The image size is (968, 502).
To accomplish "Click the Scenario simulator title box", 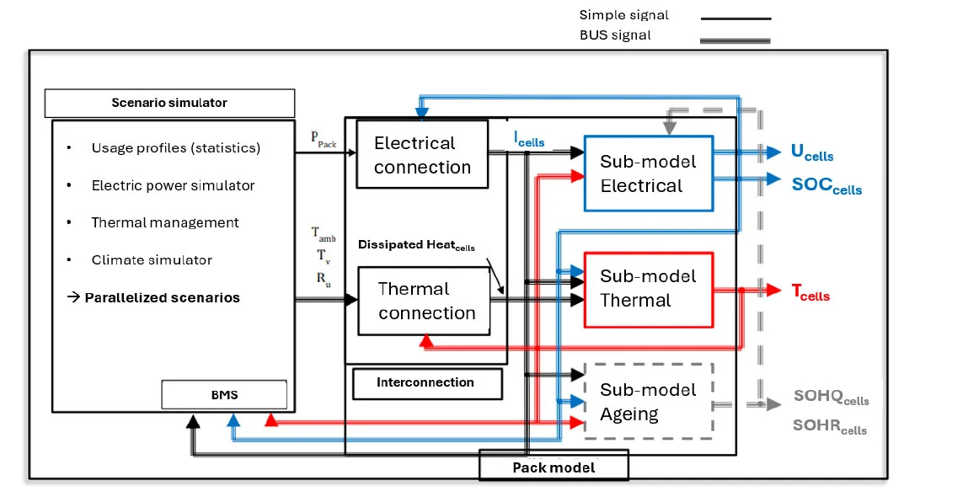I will [x=169, y=103].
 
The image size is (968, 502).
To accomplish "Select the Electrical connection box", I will [x=422, y=155].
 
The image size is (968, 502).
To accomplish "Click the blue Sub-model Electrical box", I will [x=648, y=173].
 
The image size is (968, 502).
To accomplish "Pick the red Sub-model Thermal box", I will [x=648, y=288].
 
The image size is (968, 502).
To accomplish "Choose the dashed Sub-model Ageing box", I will [x=648, y=401].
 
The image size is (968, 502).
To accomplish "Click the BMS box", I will [x=224, y=394].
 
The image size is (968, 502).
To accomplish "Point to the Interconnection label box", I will [x=426, y=382].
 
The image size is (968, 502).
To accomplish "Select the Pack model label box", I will [x=554, y=467].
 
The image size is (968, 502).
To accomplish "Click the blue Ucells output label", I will [x=812, y=152].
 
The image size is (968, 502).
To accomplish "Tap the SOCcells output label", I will [x=826, y=185].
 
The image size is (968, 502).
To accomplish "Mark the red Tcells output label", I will [x=810, y=292].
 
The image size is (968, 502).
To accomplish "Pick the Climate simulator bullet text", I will [x=152, y=259].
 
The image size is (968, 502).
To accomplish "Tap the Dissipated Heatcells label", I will [x=416, y=245].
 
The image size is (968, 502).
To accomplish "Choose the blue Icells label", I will [x=529, y=139].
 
